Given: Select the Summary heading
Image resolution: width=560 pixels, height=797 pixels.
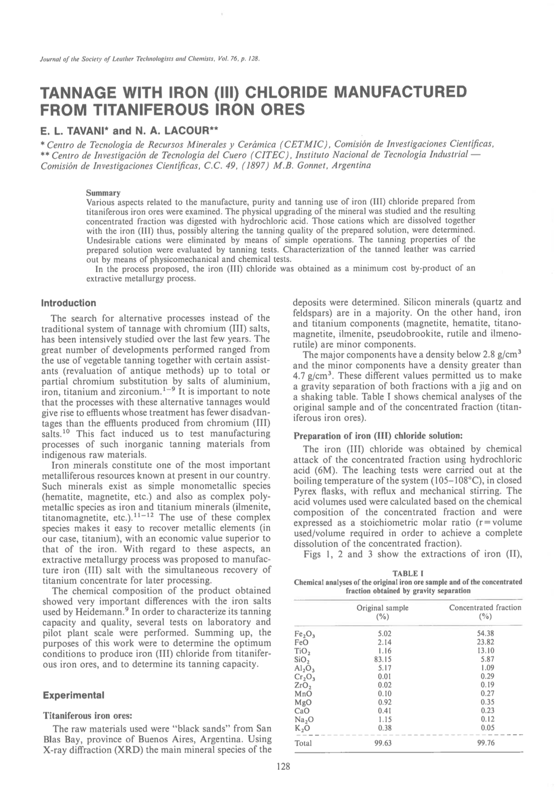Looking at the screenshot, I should tap(103, 193).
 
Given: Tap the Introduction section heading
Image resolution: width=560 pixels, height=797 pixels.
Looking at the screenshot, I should tap(69, 303).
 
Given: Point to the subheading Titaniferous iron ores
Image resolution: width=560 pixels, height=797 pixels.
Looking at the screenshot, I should tap(87, 715).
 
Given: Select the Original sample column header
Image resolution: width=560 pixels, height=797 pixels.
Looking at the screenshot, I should tap(382, 608).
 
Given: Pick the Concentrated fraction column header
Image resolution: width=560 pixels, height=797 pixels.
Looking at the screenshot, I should tap(485, 608).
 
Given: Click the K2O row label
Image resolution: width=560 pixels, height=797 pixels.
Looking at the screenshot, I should tap(302, 728).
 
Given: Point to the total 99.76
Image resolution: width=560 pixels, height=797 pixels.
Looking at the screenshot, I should tap(485, 743).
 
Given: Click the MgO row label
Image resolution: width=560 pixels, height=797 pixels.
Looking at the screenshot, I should tap(303, 702).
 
